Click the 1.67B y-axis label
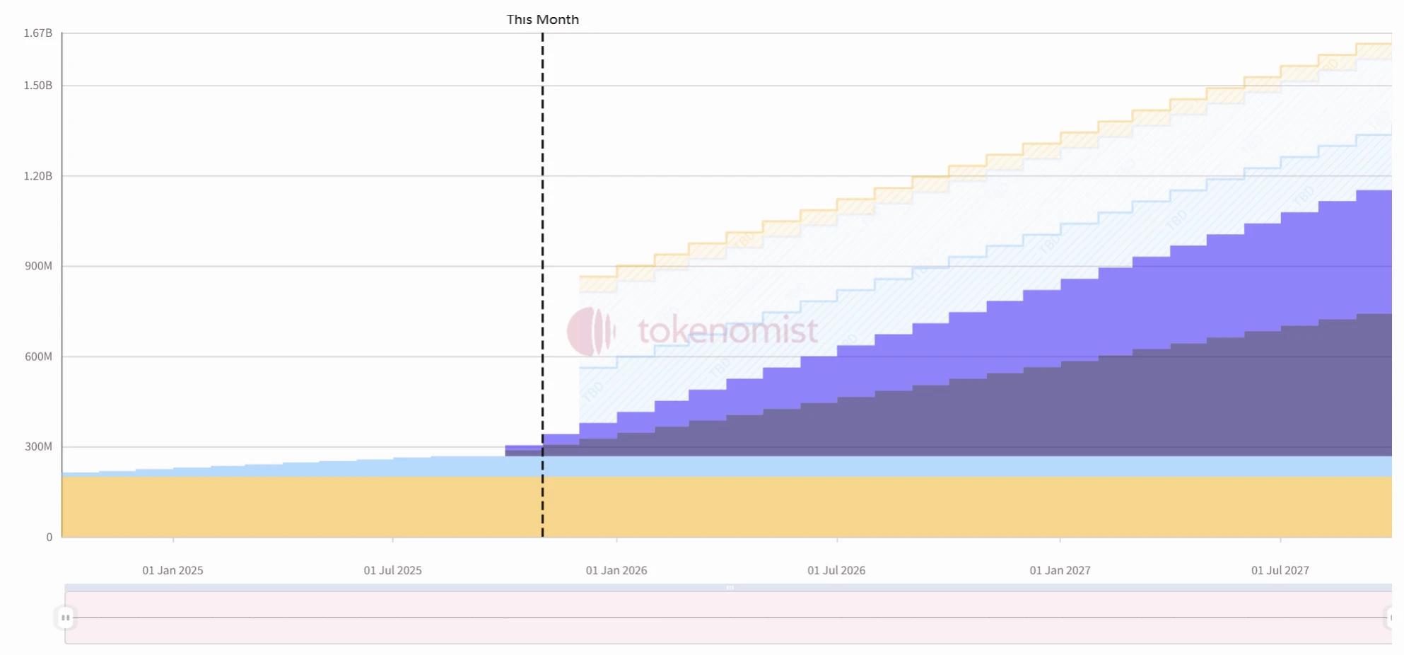38,33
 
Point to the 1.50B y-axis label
38,86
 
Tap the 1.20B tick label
38,176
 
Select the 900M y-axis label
38,266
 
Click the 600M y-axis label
38,357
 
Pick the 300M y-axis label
38,446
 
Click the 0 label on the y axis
49,538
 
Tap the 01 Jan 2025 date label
172,570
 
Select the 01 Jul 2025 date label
392,570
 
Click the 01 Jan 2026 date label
616,570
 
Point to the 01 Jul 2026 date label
836,570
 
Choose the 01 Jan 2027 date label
1060,570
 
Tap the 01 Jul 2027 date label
1280,570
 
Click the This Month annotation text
542,20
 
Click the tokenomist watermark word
727,331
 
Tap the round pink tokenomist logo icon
590,331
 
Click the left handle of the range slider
65,618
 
